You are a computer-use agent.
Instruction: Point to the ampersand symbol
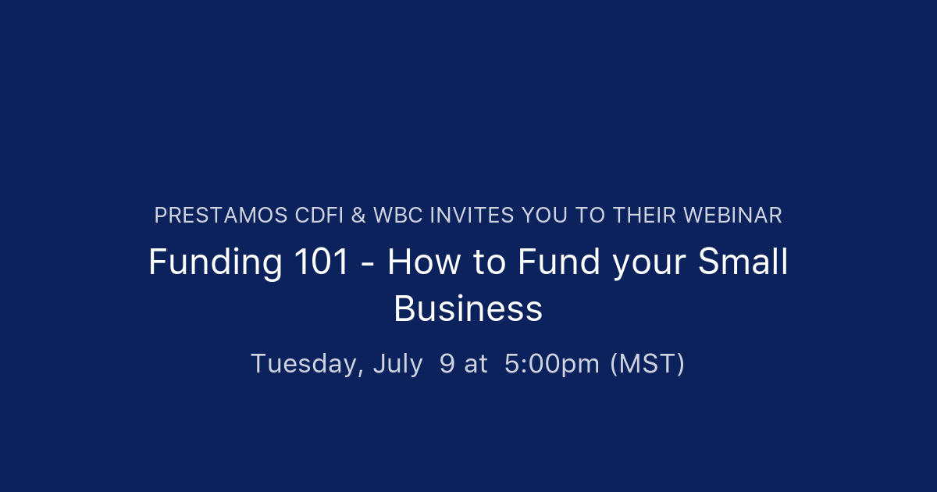tap(358, 216)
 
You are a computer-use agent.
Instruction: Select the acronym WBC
tap(395, 216)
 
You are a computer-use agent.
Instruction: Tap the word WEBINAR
tap(736, 216)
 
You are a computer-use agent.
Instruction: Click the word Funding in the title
tap(216, 262)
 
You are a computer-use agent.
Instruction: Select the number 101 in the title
tap(322, 262)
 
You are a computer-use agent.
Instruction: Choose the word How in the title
tap(422, 262)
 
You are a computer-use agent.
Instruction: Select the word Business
tap(468, 308)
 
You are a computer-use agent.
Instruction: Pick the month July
tap(397, 364)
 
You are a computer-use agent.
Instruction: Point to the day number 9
tap(447, 364)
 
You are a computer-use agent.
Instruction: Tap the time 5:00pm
tap(552, 364)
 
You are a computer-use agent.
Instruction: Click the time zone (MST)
tap(647, 364)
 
